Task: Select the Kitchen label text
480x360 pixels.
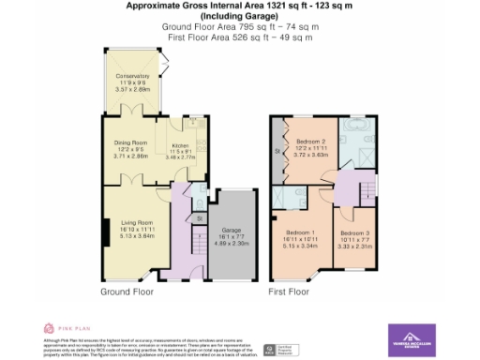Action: click(179, 145)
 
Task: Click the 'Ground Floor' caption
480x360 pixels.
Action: click(126, 292)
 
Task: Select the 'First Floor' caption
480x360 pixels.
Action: click(289, 292)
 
